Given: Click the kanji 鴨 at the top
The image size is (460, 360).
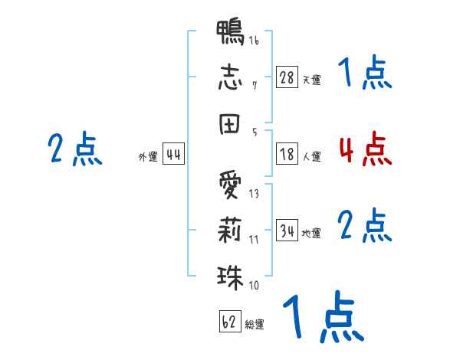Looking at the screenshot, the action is click(230, 32).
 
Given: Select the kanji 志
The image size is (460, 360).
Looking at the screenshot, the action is click(230, 77).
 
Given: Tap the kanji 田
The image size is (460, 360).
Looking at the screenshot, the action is click(229, 124).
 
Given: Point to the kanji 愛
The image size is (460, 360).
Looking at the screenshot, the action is click(230, 185).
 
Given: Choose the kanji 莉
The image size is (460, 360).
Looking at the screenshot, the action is click(230, 230).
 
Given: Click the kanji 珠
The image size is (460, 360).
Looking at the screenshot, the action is click(230, 277).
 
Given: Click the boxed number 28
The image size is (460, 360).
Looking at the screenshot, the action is click(287, 77).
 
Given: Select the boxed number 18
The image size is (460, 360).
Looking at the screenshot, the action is click(287, 154).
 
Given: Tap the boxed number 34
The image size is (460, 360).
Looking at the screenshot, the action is click(287, 230).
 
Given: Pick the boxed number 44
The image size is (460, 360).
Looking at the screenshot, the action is click(173, 154).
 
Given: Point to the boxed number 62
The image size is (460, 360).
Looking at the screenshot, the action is click(230, 321).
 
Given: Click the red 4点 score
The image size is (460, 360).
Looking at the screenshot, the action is click(366, 149).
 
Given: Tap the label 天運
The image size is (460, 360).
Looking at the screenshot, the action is click(312, 80).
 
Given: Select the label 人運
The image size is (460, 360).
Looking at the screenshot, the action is click(312, 156).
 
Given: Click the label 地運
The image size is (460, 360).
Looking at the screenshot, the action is click(311, 233).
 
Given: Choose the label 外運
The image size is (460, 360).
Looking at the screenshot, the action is click(148, 156).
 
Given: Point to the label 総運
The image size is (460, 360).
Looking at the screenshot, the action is click(255, 324).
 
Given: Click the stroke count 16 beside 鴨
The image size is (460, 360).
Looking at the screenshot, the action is click(254, 40).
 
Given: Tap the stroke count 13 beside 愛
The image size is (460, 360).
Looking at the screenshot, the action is click(254, 194).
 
